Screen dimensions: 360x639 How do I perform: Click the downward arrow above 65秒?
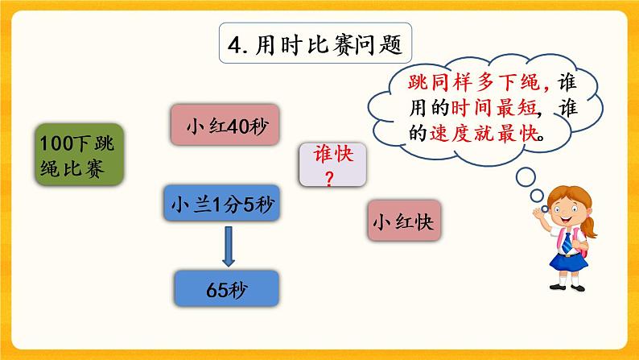click(x=228, y=246)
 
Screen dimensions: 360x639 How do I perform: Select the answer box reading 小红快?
click(x=402, y=220)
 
